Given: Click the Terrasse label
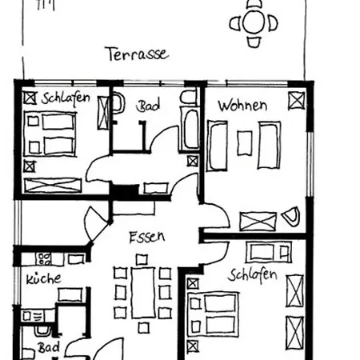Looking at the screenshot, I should tap(137, 54).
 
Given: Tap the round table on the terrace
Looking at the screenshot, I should tap(255, 23).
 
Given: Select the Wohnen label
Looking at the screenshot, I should tap(242, 105).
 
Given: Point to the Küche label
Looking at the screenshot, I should tap(42, 279).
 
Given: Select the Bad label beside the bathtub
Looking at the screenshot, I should tap(148, 106).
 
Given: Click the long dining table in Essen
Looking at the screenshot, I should tap(143, 293).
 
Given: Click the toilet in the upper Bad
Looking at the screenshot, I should tap(118, 105).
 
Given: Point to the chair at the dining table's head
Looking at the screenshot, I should tap(142, 258).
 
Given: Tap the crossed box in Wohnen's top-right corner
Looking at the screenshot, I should tap(296, 100).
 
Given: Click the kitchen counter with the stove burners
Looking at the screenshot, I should tap(47, 259).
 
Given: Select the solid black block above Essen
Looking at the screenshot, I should tap(123, 193).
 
